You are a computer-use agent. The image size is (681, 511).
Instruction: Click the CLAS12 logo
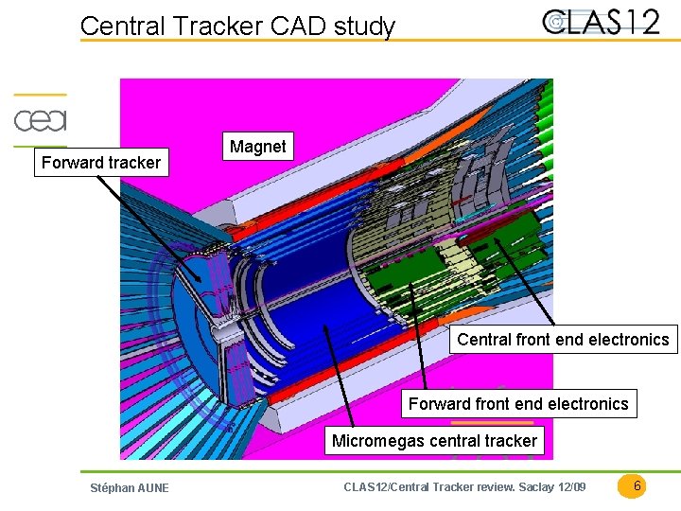(601, 21)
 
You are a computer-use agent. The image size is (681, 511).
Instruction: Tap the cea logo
(40, 120)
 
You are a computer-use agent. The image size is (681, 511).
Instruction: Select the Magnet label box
(257, 147)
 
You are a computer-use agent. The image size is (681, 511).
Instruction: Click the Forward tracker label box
(101, 163)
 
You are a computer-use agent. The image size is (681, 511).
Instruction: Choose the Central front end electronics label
(563, 340)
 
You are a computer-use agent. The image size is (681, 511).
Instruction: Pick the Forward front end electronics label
(517, 404)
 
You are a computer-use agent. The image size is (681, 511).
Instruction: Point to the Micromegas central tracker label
(434, 440)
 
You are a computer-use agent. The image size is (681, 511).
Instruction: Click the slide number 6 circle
(637, 486)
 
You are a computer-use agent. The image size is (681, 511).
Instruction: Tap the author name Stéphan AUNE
(129, 488)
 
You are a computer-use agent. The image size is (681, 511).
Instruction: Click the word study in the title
(364, 26)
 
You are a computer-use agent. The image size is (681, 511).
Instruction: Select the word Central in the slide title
(116, 26)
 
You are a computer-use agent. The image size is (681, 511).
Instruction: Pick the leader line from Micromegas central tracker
(340, 379)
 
